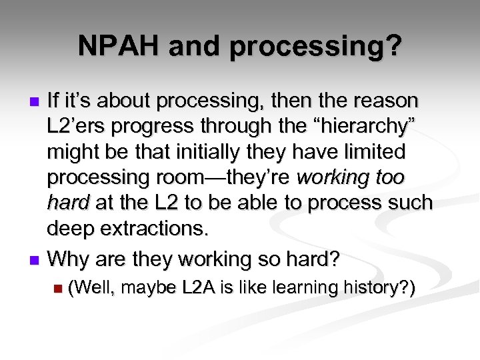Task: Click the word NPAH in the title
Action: [x=117, y=46]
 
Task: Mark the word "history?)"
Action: [x=379, y=287]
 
